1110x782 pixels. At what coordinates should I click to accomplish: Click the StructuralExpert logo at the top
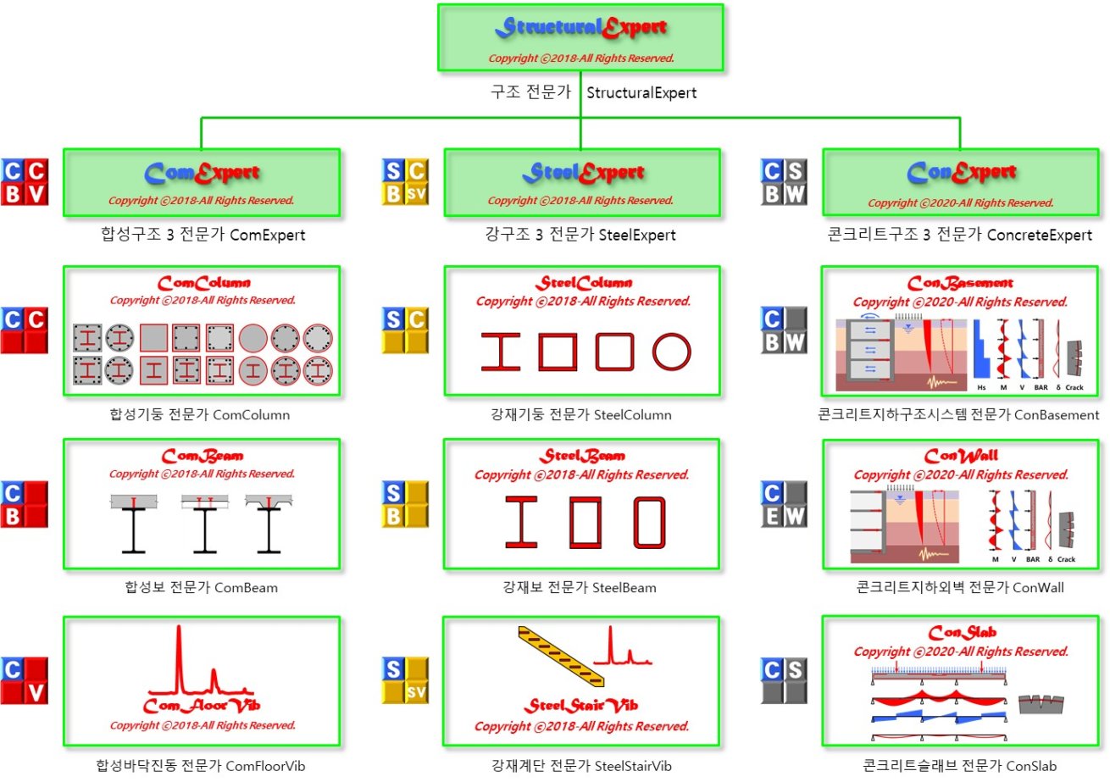pyautogui.click(x=580, y=28)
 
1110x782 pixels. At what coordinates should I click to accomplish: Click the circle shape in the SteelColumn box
pyautogui.click(x=672, y=352)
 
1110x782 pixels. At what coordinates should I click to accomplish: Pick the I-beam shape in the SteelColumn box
pyautogui.click(x=501, y=352)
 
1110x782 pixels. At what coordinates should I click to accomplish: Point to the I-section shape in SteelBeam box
pyautogui.click(x=522, y=521)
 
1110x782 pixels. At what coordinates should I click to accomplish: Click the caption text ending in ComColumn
pyautogui.click(x=200, y=415)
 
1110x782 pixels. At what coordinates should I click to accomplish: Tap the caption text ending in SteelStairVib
pyautogui.click(x=581, y=766)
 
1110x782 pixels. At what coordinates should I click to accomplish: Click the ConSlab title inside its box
pyautogui.click(x=962, y=634)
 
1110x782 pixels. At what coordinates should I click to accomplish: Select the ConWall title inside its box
pyautogui.click(x=962, y=456)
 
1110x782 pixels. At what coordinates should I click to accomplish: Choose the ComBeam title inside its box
pyautogui.click(x=202, y=456)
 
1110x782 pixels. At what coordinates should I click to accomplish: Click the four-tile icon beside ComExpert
pyautogui.click(x=25, y=182)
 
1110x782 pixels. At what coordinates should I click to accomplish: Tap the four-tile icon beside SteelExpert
pyautogui.click(x=405, y=182)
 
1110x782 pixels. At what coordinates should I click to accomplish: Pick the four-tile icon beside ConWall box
pyautogui.click(x=785, y=505)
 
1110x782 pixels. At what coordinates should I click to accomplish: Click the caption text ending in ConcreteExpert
pyautogui.click(x=960, y=236)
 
